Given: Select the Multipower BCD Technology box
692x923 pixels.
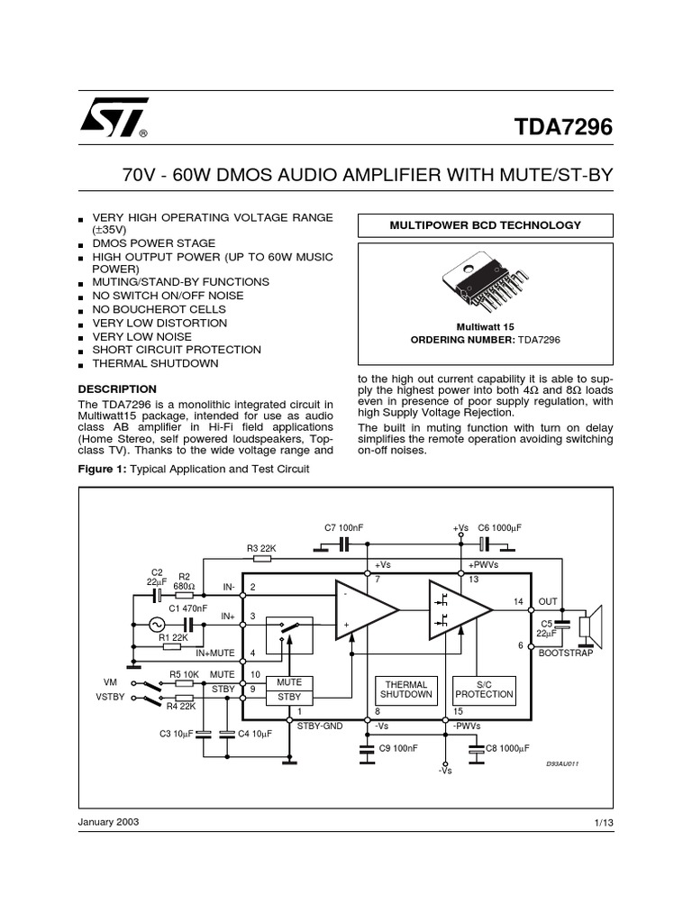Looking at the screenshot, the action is tap(485, 225).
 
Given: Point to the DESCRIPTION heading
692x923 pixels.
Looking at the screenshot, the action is tap(117, 388).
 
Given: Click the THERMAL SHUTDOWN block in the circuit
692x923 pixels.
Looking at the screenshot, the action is tap(406, 690).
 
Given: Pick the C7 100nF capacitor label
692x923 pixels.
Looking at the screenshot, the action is tap(342, 526).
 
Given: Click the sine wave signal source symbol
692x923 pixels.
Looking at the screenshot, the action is tap(157, 624).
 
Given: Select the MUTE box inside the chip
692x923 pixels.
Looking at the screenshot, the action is tap(288, 682).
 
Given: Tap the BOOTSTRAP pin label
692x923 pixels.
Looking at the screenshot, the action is tap(566, 653).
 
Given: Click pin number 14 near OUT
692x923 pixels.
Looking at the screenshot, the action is tap(518, 600).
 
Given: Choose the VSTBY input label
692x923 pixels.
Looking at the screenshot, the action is tap(109, 696).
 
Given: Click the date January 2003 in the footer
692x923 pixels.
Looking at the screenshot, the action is tap(109, 822).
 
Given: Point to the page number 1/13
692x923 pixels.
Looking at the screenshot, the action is tap(603, 823).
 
